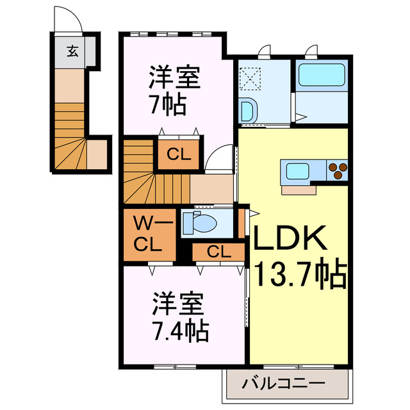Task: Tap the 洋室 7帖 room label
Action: [x=175, y=90]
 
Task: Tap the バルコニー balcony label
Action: [x=284, y=385]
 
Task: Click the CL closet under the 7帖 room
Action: [x=177, y=154]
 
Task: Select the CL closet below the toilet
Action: [x=218, y=252]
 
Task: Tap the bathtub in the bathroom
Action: [x=322, y=76]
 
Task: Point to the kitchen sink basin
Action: [x=298, y=171]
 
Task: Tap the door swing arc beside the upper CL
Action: [x=220, y=158]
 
